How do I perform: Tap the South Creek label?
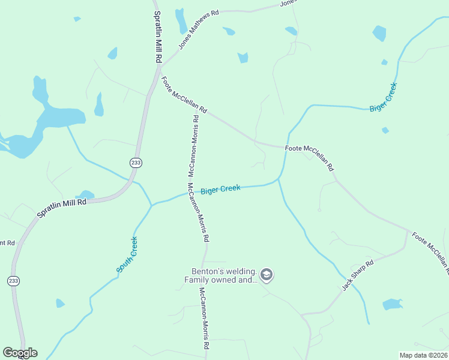(127, 255)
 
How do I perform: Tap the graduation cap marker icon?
(267, 275)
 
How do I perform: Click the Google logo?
(20, 353)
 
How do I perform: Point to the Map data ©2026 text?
(424, 355)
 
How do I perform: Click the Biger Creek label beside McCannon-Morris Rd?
(220, 189)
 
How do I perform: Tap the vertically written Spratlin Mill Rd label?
(158, 37)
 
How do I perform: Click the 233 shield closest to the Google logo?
(13, 280)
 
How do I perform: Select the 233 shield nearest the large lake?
(135, 162)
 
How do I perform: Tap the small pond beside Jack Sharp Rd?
(393, 304)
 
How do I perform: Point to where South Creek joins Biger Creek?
(151, 205)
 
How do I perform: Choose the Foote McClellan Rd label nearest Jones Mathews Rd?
(184, 94)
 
